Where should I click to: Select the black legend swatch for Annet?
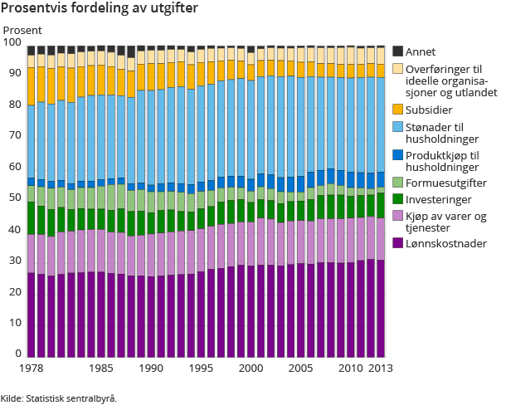tap(397, 51)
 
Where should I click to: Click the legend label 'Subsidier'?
tap(429, 110)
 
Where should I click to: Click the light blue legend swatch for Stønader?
tap(397, 127)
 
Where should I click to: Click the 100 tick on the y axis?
tap(12, 42)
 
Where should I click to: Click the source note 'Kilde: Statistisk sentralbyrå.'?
tap(59, 398)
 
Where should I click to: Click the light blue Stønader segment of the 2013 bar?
tap(380, 124)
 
